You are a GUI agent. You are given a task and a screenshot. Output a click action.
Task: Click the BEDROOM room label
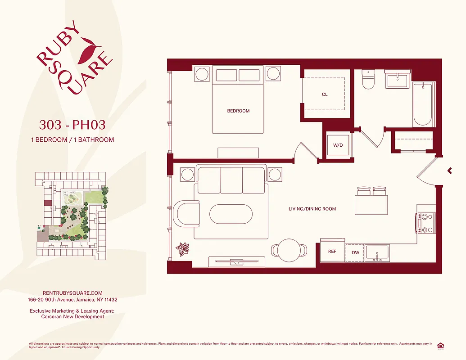pos(238,111)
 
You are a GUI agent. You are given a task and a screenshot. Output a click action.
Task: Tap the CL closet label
pos(325,94)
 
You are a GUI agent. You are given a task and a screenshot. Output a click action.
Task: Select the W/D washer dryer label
pos(338,145)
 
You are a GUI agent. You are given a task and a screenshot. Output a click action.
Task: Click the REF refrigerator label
pos(332,252)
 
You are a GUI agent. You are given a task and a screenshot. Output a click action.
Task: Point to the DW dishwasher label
pos(356,253)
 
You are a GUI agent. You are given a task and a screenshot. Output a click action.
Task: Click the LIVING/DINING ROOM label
pos(312,209)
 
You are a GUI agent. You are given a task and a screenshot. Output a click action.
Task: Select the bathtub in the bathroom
pos(423,104)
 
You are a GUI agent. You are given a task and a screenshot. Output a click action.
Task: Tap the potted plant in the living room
pos(183,249)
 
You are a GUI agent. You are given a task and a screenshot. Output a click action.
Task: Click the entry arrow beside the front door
pos(449,170)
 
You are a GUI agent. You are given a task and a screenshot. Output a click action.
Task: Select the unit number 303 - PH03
pos(72,124)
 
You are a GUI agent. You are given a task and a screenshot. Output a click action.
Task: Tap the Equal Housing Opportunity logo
pos(440,345)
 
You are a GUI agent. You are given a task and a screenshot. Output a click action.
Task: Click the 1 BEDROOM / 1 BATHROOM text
pos(72,139)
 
